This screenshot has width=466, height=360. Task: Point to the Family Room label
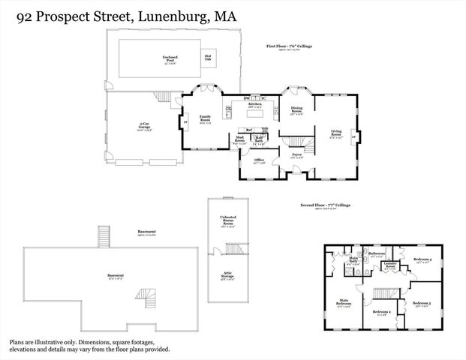coord(205,118)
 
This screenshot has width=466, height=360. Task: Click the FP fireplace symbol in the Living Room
coord(353,136)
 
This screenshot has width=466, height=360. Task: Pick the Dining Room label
coord(297,112)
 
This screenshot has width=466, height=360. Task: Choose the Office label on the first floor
coord(258,160)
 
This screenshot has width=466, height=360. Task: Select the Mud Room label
coord(240,139)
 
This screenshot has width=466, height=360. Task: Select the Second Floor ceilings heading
coord(326,205)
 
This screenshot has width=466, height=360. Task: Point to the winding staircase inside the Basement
coord(152,297)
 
